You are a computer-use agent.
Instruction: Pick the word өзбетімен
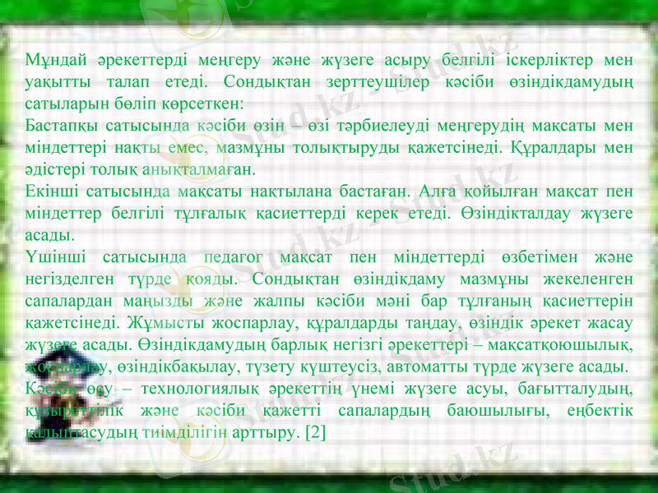(503, 259)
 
